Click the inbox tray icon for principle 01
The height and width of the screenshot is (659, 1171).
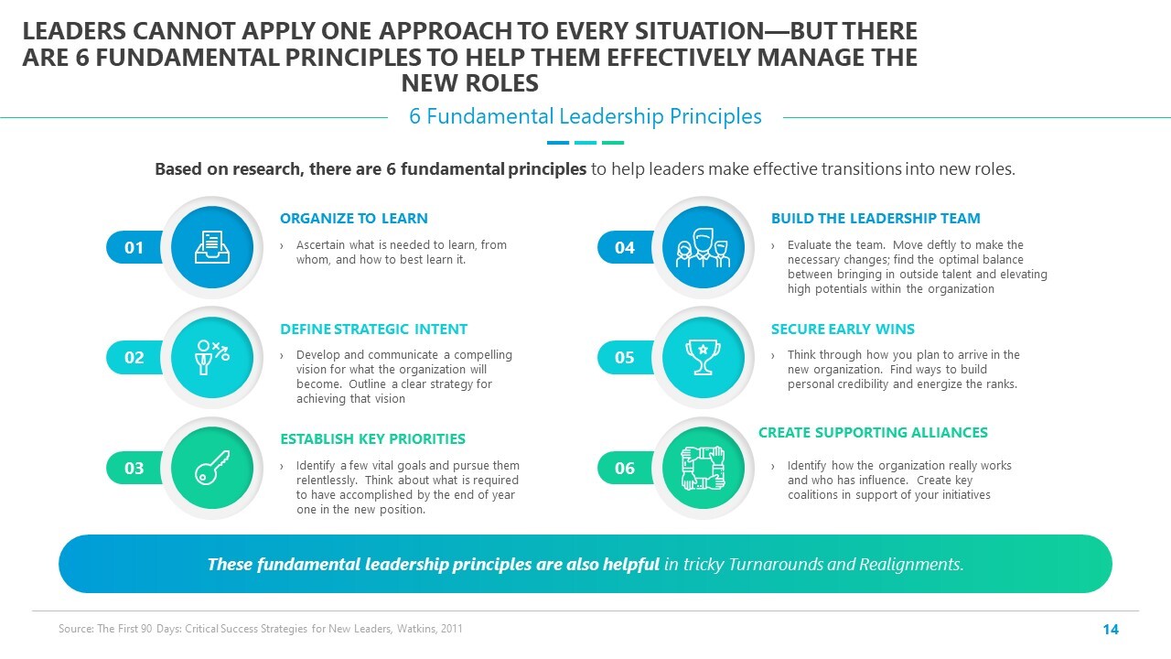coord(211,247)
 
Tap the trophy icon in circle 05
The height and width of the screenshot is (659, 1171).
coord(703,357)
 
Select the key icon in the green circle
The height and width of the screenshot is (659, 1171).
coord(211,468)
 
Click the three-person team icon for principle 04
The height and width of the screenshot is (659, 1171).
coord(703,248)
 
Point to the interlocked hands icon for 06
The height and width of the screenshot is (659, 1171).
coord(703,468)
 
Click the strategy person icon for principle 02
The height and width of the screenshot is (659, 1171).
coord(211,357)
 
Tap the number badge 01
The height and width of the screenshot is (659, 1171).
coord(134,247)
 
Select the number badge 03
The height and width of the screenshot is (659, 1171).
coord(134,468)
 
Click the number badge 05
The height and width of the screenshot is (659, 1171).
coord(625,357)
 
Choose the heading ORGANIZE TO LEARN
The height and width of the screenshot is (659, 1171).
coord(354,218)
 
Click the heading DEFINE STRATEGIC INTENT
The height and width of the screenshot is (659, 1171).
coord(374,329)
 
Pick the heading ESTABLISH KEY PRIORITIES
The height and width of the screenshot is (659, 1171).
coord(372,438)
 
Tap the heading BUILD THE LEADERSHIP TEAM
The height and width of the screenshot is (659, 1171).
coord(876,218)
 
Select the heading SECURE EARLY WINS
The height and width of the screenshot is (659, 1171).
coord(843,329)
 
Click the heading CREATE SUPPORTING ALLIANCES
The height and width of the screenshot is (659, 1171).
coord(873,433)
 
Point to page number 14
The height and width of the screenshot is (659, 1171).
coord(1111,629)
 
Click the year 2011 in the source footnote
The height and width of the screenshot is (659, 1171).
coord(451,629)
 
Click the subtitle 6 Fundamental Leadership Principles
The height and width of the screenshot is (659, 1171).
coord(585,116)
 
